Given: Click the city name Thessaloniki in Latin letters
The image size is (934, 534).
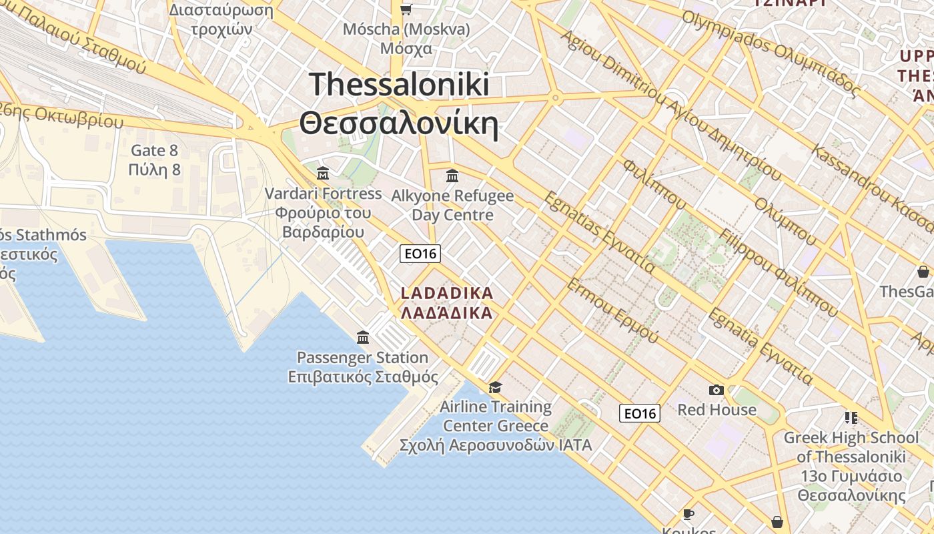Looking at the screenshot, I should (399, 85).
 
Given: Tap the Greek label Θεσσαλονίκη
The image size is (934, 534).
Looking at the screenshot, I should (399, 124).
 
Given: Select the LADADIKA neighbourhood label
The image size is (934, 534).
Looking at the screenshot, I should (447, 293).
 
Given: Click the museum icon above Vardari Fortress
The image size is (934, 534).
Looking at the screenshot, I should (324, 174).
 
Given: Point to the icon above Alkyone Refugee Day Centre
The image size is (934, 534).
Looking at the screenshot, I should (452, 176).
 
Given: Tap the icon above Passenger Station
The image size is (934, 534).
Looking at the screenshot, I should (363, 337).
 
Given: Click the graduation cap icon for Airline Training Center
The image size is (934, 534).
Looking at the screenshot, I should (495, 387).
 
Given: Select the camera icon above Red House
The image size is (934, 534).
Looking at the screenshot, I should (717, 390).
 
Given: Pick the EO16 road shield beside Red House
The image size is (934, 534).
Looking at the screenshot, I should (639, 413).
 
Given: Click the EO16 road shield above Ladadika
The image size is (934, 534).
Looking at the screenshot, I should (420, 254).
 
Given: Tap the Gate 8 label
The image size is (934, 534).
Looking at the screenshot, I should (155, 150).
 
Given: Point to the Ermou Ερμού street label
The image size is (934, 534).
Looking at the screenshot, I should (612, 311).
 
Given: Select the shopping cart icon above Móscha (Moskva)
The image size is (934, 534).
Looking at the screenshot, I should (406, 9).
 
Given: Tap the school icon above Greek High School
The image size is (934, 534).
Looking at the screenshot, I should (851, 418).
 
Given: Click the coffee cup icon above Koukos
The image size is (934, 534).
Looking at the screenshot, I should (688, 514).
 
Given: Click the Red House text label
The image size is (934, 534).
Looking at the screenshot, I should (717, 409).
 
